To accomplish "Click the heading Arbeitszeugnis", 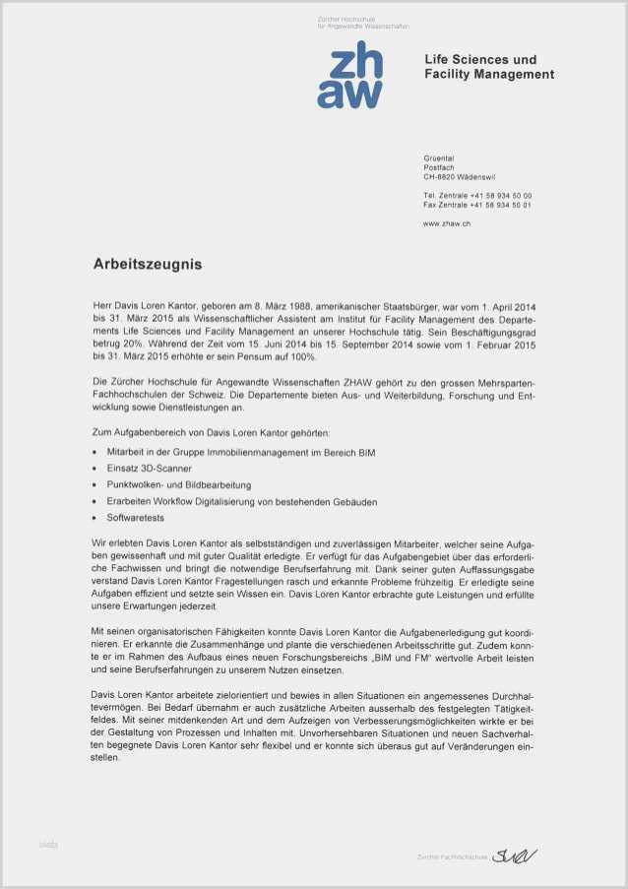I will (x=148, y=264).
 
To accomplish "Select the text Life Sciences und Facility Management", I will (x=489, y=67).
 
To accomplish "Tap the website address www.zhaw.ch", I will (x=447, y=224).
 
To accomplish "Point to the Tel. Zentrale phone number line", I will (x=477, y=196).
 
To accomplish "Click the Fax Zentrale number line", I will (x=477, y=205).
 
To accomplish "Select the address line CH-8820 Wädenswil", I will (x=460, y=176).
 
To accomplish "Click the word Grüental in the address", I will (x=439, y=158).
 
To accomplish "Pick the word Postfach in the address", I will (x=440, y=167).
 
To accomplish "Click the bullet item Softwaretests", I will (x=136, y=518).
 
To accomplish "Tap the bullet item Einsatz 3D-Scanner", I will (x=150, y=469).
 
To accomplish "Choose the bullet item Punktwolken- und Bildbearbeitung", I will (x=179, y=485).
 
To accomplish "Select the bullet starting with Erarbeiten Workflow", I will (x=242, y=502).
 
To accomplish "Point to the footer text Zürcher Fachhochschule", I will (x=452, y=857).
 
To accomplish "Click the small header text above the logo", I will (x=362, y=23).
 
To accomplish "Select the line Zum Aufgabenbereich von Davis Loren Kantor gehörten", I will (x=211, y=433).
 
